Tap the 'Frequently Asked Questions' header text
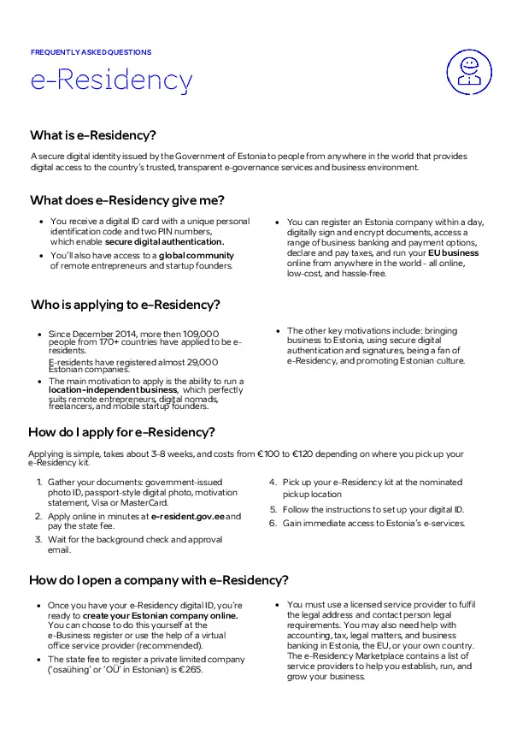[91, 52]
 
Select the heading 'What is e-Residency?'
[93, 135]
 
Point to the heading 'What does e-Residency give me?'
[127, 200]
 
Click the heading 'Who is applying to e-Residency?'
[126, 304]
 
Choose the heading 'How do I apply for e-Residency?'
[121, 431]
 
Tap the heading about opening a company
[158, 580]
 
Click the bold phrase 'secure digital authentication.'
[165, 241]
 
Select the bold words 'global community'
[197, 255]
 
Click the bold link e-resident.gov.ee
[187, 517]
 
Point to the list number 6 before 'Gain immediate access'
[273, 523]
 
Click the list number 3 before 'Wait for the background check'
[38, 540]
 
